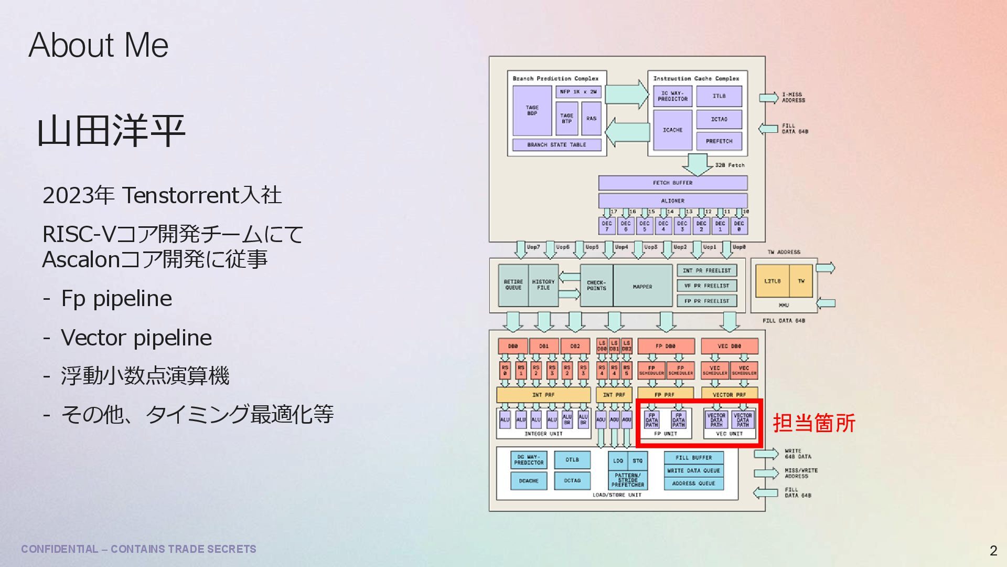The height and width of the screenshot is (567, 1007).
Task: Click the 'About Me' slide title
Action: (x=99, y=45)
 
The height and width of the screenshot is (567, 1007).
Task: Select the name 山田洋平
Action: (x=111, y=131)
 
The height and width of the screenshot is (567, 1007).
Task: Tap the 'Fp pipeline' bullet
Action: (x=116, y=298)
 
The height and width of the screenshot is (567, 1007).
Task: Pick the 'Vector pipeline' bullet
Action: (x=136, y=338)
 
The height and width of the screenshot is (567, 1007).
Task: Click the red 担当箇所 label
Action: (x=814, y=423)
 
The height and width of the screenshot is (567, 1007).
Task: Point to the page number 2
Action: (x=993, y=550)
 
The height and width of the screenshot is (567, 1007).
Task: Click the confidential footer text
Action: (x=138, y=549)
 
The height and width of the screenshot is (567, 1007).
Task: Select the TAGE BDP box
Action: (x=532, y=110)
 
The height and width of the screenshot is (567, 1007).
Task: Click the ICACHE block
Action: (x=672, y=130)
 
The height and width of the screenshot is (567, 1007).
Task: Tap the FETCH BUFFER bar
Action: (x=672, y=183)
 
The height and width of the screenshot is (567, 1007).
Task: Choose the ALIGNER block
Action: (x=672, y=201)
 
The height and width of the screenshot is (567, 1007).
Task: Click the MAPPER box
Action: (x=642, y=286)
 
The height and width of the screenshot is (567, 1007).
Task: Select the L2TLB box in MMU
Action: (x=772, y=281)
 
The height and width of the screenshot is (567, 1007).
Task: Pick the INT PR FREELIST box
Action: (x=706, y=270)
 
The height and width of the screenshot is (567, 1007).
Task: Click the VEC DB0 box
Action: (x=729, y=346)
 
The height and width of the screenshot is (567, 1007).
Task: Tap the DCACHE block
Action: (x=529, y=480)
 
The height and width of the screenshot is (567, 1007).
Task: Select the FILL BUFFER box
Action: (x=693, y=457)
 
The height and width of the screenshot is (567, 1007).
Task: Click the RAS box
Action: (x=591, y=119)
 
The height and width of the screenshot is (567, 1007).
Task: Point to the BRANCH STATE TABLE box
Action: (x=556, y=144)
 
